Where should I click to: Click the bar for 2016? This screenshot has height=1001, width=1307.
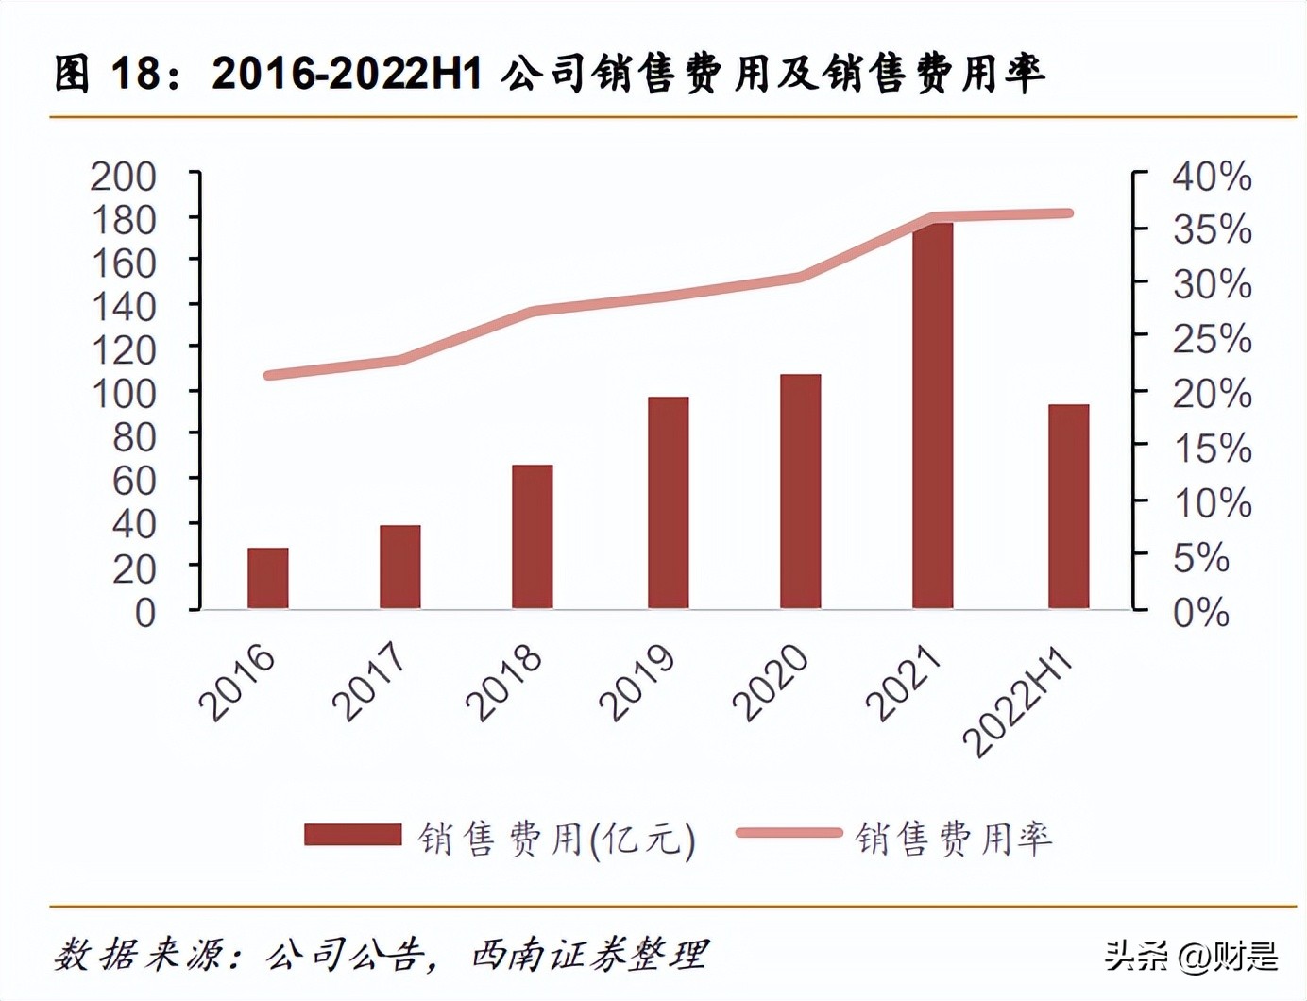point(267,578)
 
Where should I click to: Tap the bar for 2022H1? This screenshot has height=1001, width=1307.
point(1068,506)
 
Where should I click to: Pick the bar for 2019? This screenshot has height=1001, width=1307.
point(668,502)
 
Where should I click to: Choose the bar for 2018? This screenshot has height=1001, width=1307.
point(532,536)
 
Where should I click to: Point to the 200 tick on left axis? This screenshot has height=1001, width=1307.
point(123,177)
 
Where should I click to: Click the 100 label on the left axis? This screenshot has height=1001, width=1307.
point(123,394)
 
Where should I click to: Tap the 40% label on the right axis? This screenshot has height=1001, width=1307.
point(1212,177)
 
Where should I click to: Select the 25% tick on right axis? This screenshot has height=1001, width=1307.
point(1212,339)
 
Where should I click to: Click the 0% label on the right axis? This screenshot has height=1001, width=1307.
point(1201,613)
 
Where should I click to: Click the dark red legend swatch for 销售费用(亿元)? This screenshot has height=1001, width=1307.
point(352,834)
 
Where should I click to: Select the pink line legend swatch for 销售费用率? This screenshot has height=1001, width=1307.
point(789,833)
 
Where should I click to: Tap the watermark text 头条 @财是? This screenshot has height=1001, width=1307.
point(1192,956)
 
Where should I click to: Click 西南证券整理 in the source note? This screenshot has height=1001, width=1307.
point(589,955)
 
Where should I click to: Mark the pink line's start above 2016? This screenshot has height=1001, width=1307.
point(268,375)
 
